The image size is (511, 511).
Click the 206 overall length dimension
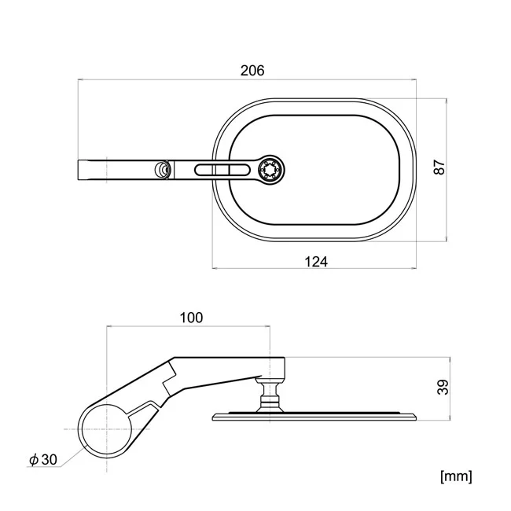tap(252, 71)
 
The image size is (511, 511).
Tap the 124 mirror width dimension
tap(316, 262)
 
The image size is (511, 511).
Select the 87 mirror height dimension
tap(439, 167)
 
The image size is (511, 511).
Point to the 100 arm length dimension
tap(191, 318)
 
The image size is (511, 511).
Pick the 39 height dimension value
tap(443, 388)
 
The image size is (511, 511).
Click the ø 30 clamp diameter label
tap(43, 460)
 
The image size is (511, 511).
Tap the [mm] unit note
tap(456, 476)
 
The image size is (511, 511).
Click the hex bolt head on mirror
tap(271, 170)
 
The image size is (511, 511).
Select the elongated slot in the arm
tap(222, 170)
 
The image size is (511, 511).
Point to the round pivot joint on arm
tap(162, 170)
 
